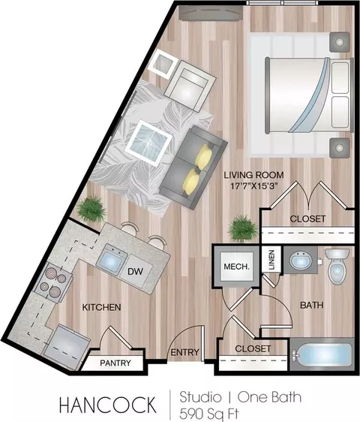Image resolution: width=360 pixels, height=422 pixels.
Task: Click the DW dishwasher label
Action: tap(135, 272)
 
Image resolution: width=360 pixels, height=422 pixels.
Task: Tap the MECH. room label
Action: tap(236, 267)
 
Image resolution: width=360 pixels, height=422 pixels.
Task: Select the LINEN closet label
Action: tap(271, 260)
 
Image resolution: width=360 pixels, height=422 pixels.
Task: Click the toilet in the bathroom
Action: tap(337, 266)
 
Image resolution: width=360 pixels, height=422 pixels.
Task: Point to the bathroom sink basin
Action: tap(301, 260)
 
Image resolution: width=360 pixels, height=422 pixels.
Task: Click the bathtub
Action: tap(322, 354)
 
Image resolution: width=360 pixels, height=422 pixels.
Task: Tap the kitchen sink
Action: tap(111, 260)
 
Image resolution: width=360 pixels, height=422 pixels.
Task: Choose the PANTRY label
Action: tap(115, 363)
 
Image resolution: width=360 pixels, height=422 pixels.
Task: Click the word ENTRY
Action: tap(185, 352)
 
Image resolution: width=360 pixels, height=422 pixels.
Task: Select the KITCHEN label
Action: tap(101, 307)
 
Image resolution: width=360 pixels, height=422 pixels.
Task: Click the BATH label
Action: tap(311, 305)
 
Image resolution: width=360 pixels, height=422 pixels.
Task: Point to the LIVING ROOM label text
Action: tap(253, 175)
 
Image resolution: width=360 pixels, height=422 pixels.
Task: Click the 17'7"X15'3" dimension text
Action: tap(254, 186)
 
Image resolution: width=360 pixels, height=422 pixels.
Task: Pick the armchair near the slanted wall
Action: tap(190, 86)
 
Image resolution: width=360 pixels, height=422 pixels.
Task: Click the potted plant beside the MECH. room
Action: tap(243, 228)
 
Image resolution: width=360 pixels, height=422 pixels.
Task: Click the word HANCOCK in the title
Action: tap(107, 405)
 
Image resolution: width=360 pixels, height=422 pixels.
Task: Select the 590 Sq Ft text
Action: tap(209, 414)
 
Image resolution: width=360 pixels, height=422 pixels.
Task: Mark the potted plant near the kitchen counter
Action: tap(91, 209)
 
